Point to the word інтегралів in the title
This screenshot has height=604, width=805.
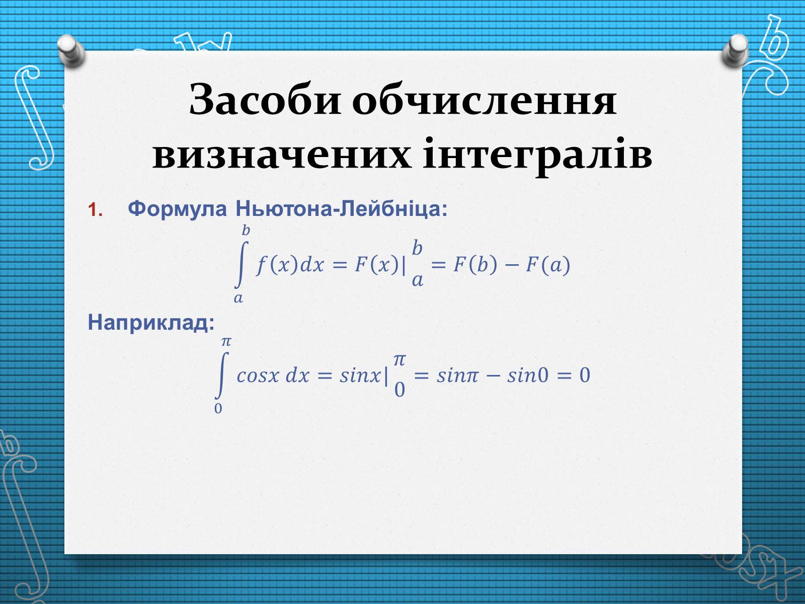[x=537, y=156]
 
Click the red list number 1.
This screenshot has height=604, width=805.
[x=95, y=210]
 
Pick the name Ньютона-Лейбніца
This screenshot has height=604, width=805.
[x=341, y=209]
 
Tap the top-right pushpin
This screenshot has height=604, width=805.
[x=736, y=50]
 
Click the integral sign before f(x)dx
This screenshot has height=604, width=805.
[x=240, y=264]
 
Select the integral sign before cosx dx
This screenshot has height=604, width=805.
[x=221, y=375]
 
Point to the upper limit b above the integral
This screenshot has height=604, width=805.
[x=246, y=231]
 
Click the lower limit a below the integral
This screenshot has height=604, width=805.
[x=238, y=298]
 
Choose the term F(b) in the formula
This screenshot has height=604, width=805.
[x=475, y=264]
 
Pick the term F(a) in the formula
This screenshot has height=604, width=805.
[x=548, y=264]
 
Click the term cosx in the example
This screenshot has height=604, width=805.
[x=258, y=376]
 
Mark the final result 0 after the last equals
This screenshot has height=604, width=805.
[x=585, y=375]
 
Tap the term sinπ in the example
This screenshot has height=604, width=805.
[x=458, y=375]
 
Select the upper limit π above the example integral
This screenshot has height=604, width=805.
[x=226, y=342]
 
